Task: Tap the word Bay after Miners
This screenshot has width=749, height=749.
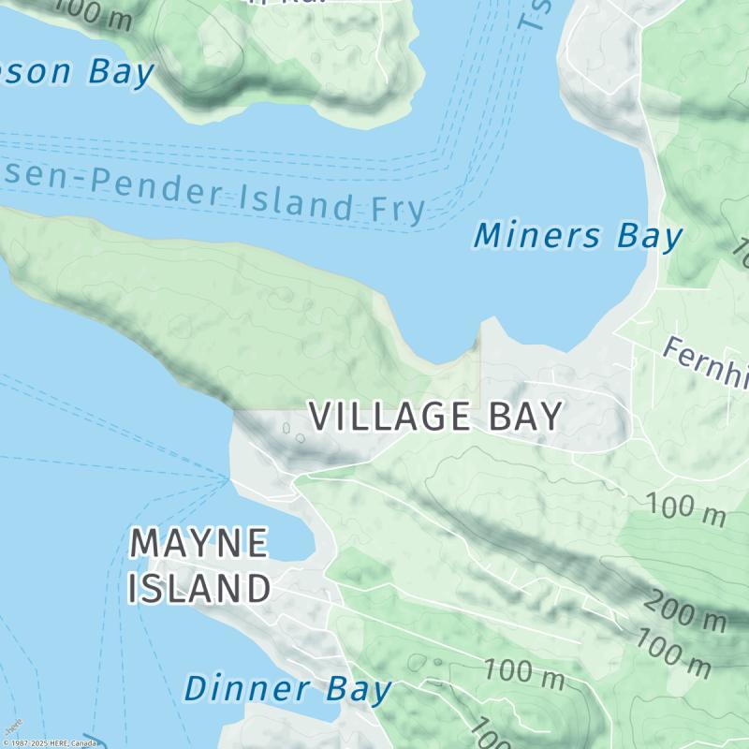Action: click(x=649, y=237)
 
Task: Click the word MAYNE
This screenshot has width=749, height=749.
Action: click(x=198, y=544)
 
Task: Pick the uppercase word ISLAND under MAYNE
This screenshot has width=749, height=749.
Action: click(x=198, y=590)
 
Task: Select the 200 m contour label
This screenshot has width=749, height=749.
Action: click(x=684, y=613)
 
